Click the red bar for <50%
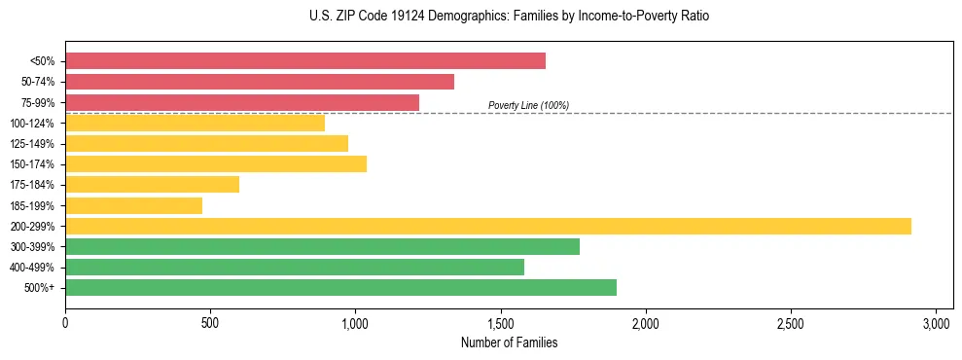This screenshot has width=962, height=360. click(x=305, y=60)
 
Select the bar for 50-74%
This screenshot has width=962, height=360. click(x=260, y=82)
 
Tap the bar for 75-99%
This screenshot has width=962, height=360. click(x=242, y=102)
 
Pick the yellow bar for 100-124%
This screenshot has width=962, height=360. click(x=195, y=123)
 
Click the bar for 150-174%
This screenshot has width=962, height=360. click(x=216, y=163)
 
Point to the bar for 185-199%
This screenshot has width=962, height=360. click(x=133, y=205)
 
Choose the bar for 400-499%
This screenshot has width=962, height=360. click(x=295, y=267)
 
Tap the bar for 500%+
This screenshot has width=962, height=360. click(x=340, y=287)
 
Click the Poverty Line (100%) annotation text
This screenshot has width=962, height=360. click(x=528, y=105)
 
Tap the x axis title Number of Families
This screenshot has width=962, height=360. click(x=509, y=342)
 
